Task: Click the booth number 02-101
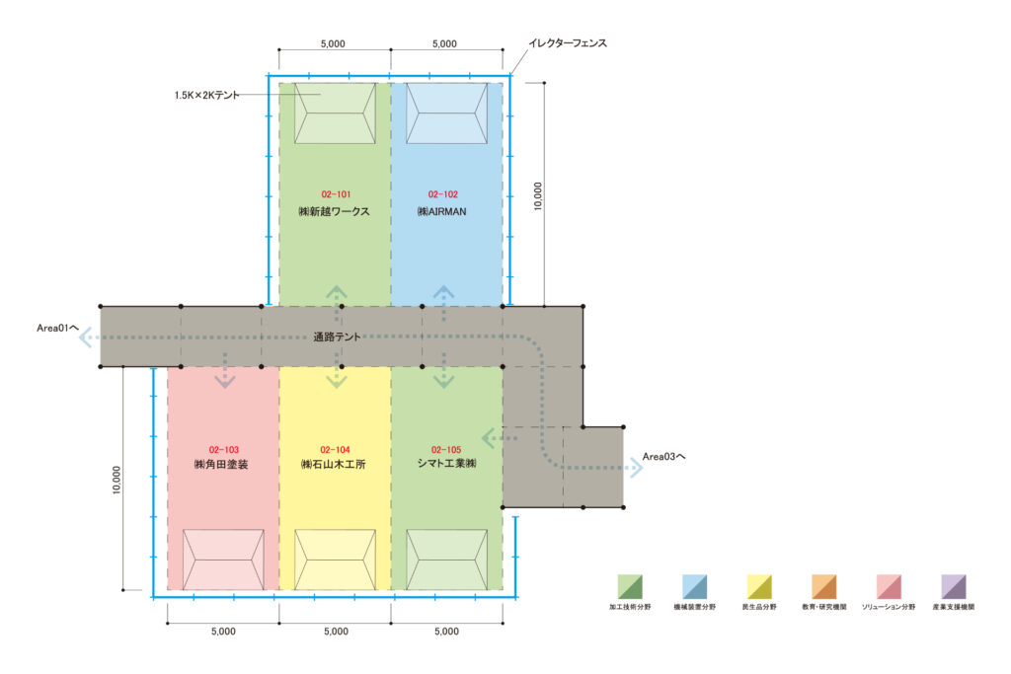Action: click(336, 194)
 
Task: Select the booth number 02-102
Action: click(443, 194)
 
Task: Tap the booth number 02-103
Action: click(224, 450)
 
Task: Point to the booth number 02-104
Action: click(336, 450)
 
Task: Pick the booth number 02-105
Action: click(446, 450)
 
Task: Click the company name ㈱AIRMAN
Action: click(441, 211)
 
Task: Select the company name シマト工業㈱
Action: click(447, 463)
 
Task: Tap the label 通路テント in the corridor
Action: click(337, 337)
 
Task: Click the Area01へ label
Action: click(58, 328)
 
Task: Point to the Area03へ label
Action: click(664, 456)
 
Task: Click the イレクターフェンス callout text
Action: click(568, 43)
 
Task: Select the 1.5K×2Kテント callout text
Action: click(206, 95)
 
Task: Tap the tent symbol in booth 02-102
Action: click(447, 113)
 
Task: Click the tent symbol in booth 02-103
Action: click(223, 560)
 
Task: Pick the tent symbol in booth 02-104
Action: click(336, 560)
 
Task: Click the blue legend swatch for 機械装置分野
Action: click(694, 587)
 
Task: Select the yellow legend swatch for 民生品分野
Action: click(759, 587)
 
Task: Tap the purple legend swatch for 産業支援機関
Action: click(953, 587)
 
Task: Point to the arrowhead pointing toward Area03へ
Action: click(637, 468)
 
